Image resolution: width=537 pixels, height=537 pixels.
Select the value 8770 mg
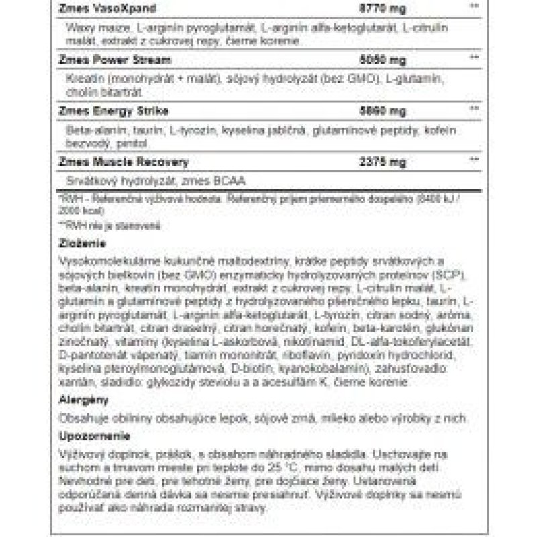pyautogui.click(x=374, y=7)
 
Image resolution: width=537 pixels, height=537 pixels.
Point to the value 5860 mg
pyautogui.click(x=374, y=110)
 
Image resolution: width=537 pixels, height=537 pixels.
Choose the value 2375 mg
pyautogui.click(x=374, y=162)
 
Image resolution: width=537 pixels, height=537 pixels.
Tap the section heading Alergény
pyautogui.click(x=79, y=400)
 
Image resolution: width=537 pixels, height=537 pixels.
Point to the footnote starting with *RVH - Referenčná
pyautogui.click(x=134, y=199)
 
